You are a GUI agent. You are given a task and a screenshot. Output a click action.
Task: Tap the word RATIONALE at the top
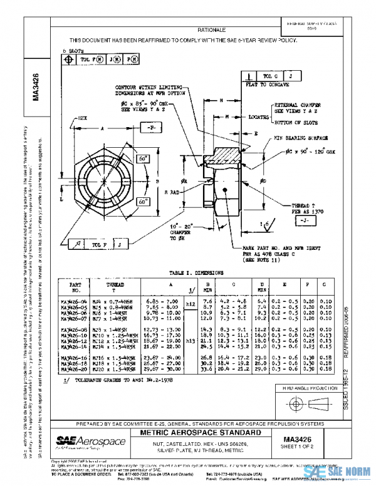point(211,29)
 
